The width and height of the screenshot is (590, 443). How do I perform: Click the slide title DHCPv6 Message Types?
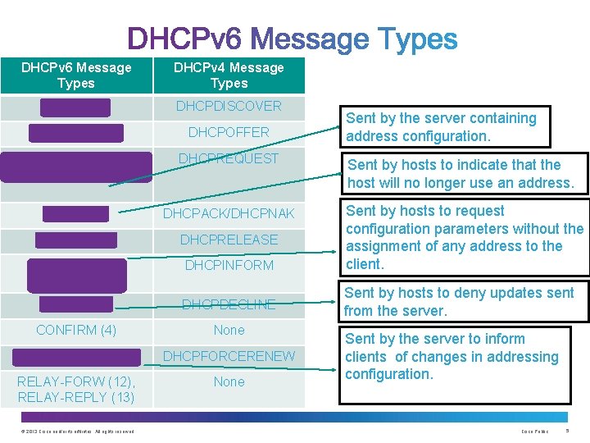293,39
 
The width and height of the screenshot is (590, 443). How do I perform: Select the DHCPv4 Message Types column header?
229,75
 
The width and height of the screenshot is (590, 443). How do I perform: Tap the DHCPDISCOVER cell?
229,106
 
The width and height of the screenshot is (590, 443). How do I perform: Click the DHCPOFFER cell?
229,132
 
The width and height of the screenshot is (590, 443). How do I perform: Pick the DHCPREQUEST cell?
229,158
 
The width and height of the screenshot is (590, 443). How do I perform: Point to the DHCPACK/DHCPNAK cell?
229,214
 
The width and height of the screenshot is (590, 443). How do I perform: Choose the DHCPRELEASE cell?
229,240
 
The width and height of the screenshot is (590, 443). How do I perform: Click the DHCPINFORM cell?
229,265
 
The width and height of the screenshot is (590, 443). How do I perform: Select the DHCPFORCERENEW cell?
229,356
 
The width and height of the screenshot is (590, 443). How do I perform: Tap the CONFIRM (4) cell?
76,330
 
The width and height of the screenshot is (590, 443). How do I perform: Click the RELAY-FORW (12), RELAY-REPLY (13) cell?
76,389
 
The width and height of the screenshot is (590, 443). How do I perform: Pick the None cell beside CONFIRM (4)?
229,330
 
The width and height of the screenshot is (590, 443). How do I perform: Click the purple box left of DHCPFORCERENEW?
76,356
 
